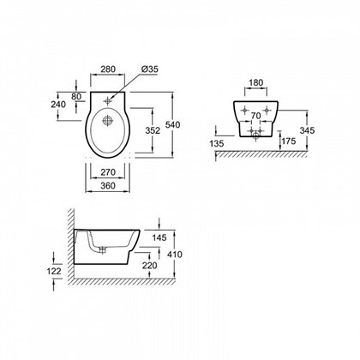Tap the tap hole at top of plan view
point(107,101)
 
